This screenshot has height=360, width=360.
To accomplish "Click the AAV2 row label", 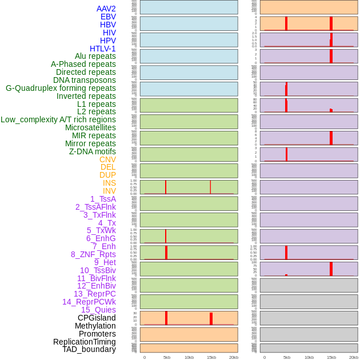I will click(106, 9).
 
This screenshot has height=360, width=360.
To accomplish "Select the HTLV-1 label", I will click(102, 49).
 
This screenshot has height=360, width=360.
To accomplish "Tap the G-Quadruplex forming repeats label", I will click(61, 88).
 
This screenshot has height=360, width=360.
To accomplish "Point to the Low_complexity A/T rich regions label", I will click(58, 119).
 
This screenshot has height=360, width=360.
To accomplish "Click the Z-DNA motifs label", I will click(92, 151).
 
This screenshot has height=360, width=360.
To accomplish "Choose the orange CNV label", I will click(107, 159).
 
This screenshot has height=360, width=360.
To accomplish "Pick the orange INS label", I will click(109, 183).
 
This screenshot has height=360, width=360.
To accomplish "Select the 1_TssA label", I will click(103, 199).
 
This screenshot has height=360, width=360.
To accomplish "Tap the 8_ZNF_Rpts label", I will click(93, 254).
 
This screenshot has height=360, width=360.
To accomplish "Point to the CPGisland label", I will click(97, 318).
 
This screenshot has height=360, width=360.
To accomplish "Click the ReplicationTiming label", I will click(85, 342).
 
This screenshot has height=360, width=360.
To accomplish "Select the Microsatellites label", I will click(90, 127).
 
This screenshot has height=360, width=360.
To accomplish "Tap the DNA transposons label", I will click(85, 80).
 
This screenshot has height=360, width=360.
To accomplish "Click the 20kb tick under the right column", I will click(354, 357).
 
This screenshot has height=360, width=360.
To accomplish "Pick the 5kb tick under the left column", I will click(167, 357).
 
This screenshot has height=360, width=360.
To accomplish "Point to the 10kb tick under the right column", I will click(309, 357).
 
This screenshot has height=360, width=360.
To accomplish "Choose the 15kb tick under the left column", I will click(211, 357).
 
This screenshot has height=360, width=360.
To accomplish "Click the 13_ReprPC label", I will click(95, 294).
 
